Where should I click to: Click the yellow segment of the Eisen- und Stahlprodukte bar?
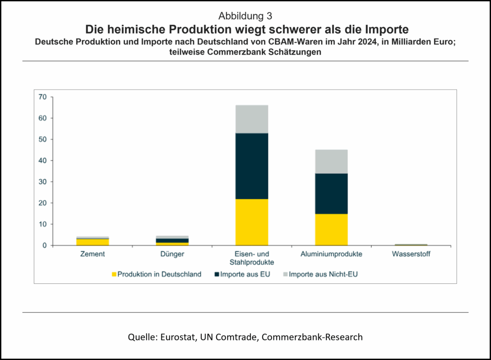pos(252,222)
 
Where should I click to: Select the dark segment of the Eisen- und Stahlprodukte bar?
pos(252,166)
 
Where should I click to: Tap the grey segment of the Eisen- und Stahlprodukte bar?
pos(252,119)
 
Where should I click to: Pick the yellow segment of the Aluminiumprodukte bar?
pos(331,230)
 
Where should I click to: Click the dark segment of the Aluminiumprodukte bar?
pos(331,194)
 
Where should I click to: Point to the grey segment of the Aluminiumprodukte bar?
pos(331,162)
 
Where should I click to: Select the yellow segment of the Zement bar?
pos(93,242)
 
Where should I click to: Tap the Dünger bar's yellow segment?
pos(172,244)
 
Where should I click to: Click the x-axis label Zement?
pos(93,254)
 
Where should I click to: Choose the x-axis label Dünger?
pos(172,254)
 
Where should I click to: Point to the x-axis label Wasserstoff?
pos(411,254)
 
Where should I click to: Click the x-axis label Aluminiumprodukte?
pos(331,254)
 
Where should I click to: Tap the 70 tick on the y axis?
pos(43,97)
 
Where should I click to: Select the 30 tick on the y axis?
pos(43,182)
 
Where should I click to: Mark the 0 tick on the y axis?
pos(45,245)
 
